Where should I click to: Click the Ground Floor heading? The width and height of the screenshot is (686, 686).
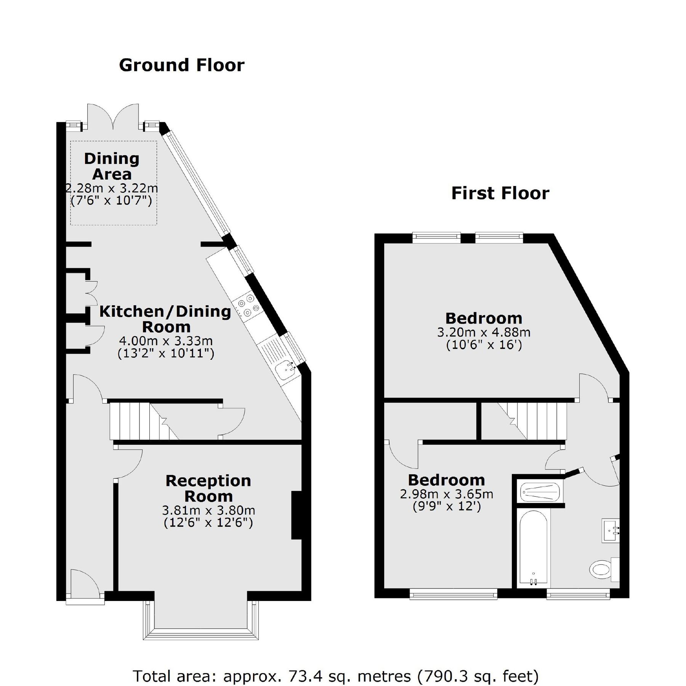tap(182, 65)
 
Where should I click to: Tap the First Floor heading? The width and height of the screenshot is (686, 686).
tap(500, 193)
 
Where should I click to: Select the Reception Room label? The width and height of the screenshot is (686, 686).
tap(208, 488)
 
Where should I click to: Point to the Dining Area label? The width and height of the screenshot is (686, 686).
tap(112, 166)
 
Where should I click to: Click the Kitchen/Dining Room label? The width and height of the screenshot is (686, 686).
tap(165, 319)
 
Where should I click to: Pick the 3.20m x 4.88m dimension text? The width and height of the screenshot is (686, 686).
tap(484, 332)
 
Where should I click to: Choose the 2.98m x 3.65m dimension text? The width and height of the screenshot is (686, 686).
tap(446, 494)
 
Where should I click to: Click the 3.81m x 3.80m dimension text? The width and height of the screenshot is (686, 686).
tap(208, 510)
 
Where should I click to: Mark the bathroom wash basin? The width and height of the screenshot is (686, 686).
tap(611, 530)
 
